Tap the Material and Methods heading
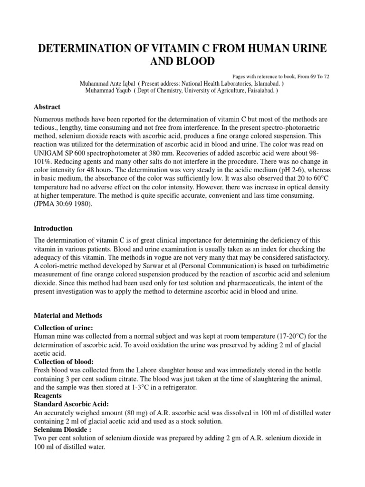click(x=67, y=315)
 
